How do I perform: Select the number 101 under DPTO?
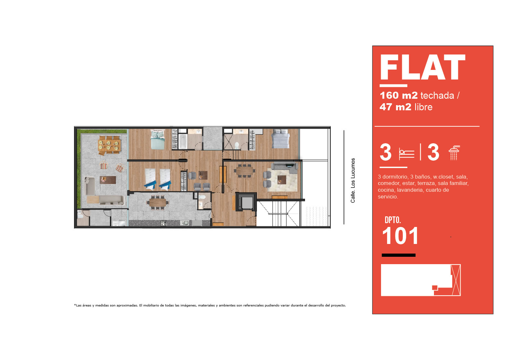coord(400,236)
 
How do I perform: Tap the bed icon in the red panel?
coord(406,154)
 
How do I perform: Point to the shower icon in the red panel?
coord(454,153)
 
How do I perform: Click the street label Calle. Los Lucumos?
coord(353,180)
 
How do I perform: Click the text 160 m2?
coord(399,96)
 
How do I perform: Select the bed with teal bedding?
coord(158,139)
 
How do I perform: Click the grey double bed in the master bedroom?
coord(281,138)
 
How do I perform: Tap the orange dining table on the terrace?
coord(109,145)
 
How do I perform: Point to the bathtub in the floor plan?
coord(183,141)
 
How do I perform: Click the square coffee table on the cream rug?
coord(282,180)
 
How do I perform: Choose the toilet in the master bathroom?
coord(237,145)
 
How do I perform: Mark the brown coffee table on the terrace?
coord(108,180)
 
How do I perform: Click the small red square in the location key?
coord(435,288)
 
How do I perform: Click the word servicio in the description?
coord(388,197)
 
